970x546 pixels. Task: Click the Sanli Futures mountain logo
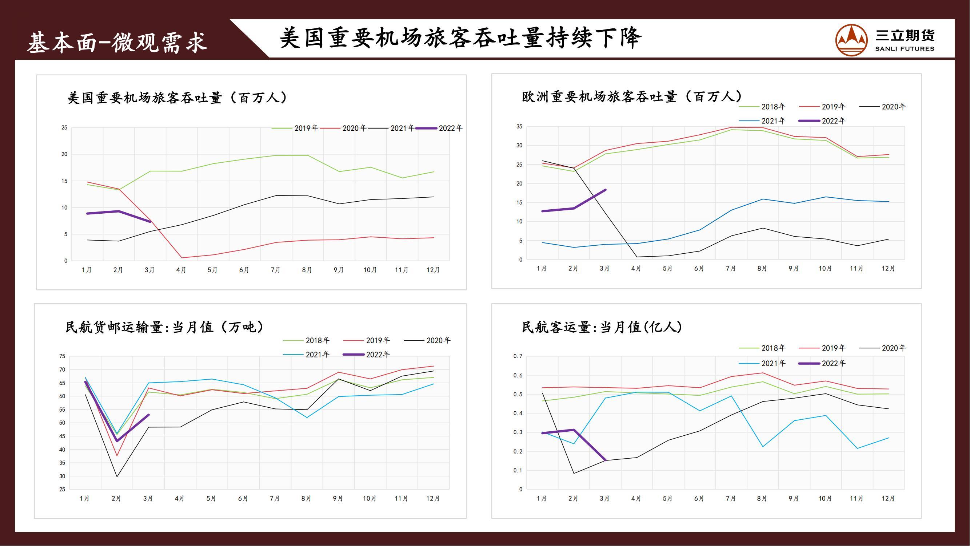[851, 40]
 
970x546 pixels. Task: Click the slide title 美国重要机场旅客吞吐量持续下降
[460, 38]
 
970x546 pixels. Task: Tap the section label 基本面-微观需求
[117, 42]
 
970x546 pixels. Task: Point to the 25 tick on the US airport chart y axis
[64, 128]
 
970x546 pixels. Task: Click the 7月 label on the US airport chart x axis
[276, 270]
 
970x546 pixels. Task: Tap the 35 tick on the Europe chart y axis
[519, 127]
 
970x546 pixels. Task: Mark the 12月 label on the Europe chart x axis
[888, 269]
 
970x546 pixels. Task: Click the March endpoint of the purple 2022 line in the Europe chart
[605, 190]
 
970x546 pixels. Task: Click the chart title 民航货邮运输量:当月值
[164, 327]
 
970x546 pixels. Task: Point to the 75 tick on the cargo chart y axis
[62, 356]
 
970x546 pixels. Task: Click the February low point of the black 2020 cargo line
[117, 477]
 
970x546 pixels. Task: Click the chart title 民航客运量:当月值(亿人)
[602, 327]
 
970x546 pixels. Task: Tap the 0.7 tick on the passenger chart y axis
[518, 356]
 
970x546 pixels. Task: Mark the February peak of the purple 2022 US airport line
[119, 211]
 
